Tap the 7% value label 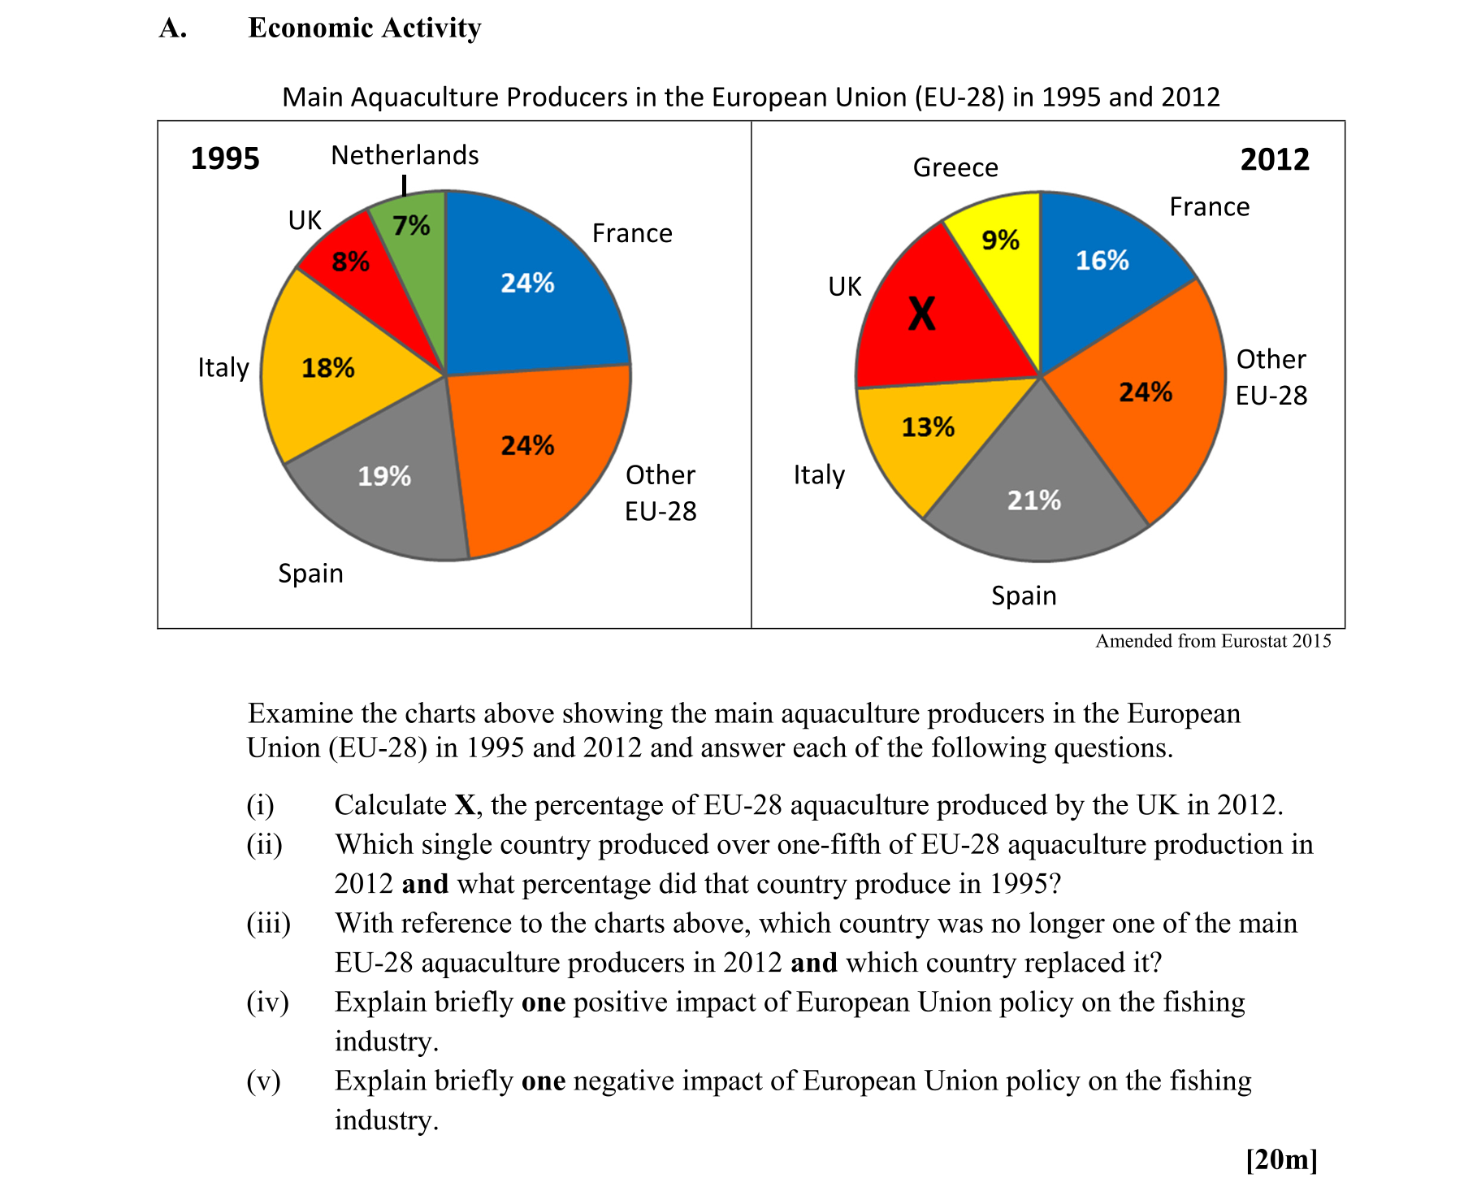(411, 225)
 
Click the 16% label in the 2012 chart (1102, 261)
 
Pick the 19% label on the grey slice (384, 476)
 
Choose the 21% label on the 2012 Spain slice (1033, 500)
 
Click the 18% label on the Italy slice (328, 368)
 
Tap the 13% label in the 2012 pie (928, 427)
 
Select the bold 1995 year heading (225, 158)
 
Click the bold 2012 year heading (1274, 159)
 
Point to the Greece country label (955, 167)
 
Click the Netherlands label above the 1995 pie (405, 155)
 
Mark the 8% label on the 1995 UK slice (350, 262)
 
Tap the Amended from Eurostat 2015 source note (1213, 641)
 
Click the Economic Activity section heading (365, 28)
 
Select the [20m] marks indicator (1281, 1159)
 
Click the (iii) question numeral (269, 923)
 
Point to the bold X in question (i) (465, 805)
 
